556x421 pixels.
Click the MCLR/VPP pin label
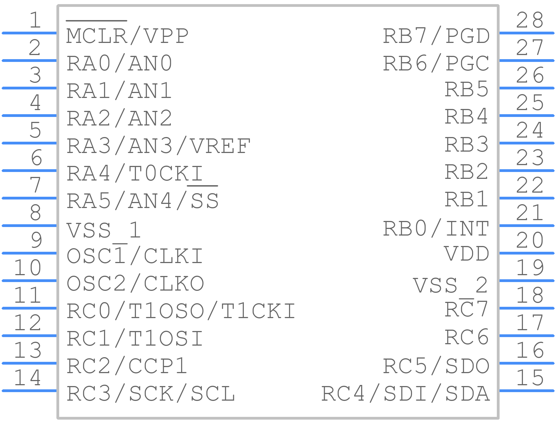coord(127,36)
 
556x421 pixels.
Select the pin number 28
coord(530,20)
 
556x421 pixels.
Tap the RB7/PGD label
coord(436,36)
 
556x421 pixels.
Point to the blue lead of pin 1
coord(29,33)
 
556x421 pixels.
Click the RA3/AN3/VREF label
coord(158,146)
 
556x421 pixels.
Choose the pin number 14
coord(28,378)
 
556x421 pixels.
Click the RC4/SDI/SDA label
coord(405,393)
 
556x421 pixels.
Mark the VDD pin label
coord(467,254)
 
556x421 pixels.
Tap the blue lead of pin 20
coord(527,253)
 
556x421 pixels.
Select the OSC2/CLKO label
coord(135,283)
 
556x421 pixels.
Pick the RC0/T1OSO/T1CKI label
coord(181,311)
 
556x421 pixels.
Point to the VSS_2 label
coord(451,285)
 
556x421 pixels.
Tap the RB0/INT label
coord(436,228)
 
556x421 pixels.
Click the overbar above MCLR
coord(96,21)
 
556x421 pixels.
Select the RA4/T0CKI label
coord(135,173)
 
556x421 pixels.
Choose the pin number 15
coord(530,378)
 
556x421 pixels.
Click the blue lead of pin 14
coord(29,391)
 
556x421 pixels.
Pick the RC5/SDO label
coord(436,366)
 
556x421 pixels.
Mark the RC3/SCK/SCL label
coord(151,393)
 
